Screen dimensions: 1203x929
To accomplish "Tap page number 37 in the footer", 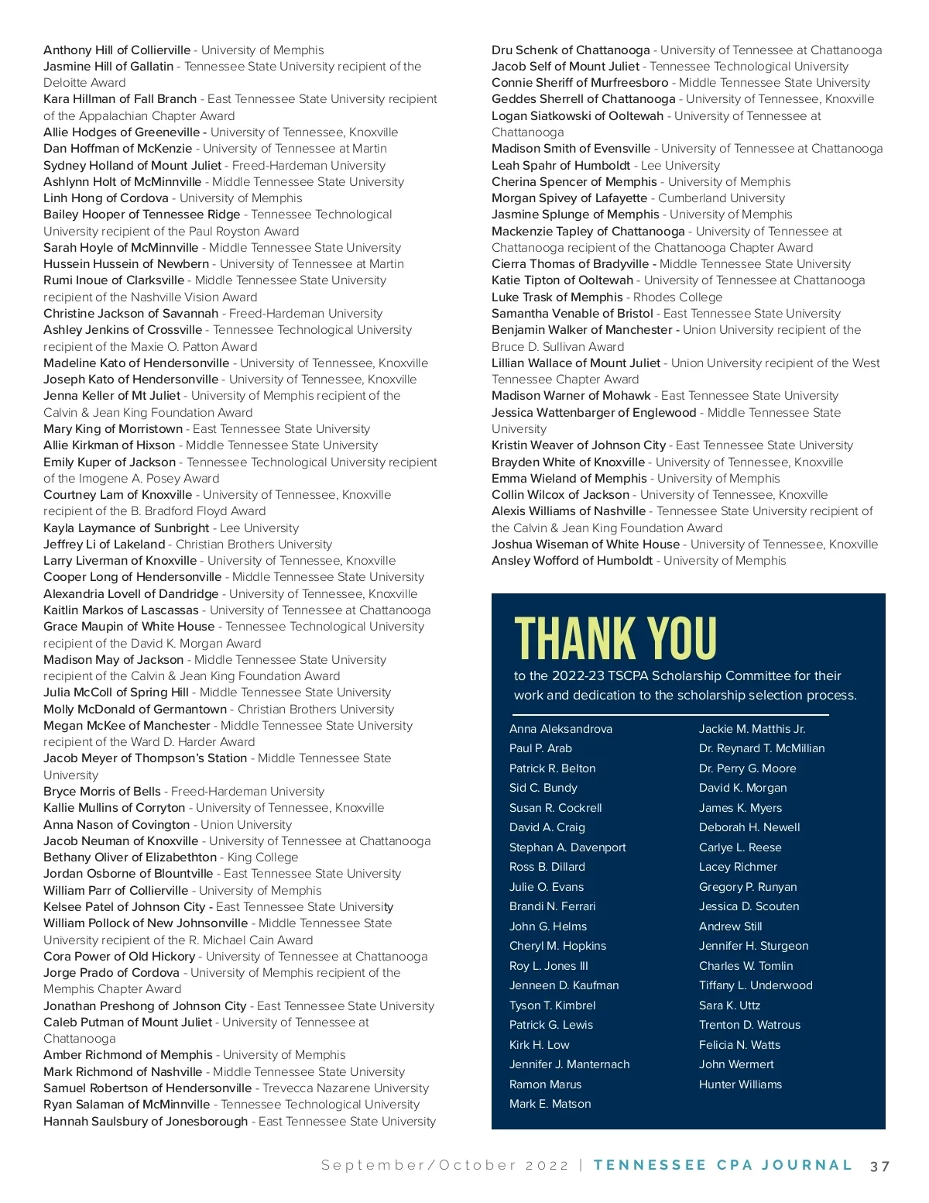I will [879, 1166].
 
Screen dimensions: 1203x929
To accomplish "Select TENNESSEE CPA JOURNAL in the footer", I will [722, 1165].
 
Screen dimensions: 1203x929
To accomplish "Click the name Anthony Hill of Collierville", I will [117, 50].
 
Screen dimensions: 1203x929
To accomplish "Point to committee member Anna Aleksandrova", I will [560, 729].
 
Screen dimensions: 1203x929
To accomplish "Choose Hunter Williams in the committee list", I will [740, 1084].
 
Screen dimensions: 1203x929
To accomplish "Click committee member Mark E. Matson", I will [550, 1104].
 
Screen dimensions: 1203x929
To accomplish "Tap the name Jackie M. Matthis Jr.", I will [752, 729].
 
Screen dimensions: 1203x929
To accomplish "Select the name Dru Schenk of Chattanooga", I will [571, 50].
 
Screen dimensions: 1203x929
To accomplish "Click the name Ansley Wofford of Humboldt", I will [572, 561].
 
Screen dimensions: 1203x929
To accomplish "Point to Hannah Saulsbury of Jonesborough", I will [146, 1122].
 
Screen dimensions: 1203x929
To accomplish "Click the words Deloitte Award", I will [84, 83].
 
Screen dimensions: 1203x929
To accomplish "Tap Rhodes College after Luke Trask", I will [677, 297].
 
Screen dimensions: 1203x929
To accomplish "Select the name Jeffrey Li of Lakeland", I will [105, 545].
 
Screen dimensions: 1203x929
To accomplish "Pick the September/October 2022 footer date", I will [445, 1166].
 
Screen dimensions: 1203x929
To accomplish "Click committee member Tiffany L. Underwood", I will [756, 985].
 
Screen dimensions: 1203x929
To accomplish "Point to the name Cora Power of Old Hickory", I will [119, 957].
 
